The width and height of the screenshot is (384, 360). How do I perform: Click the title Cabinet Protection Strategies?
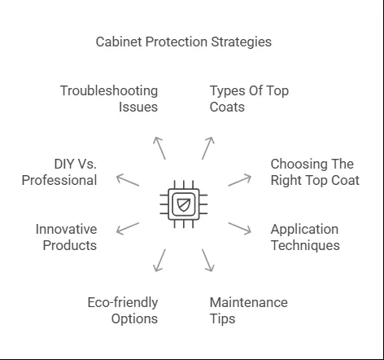pyautogui.click(x=184, y=42)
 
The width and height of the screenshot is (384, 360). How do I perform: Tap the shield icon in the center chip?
pyautogui.click(x=184, y=204)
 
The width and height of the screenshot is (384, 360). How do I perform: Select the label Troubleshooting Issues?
pyautogui.click(x=109, y=99)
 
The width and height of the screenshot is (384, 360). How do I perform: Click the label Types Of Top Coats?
pyautogui.click(x=249, y=99)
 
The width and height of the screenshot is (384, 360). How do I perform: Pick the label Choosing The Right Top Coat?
pyautogui.click(x=315, y=172)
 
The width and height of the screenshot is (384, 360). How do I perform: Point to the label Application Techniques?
pyautogui.click(x=305, y=237)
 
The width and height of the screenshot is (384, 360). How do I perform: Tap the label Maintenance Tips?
pyautogui.click(x=249, y=310)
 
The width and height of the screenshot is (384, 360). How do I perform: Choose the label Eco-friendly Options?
pyautogui.click(x=123, y=310)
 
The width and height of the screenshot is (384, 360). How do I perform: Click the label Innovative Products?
pyautogui.click(x=67, y=237)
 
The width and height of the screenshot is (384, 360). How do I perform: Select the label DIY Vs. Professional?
pyautogui.click(x=59, y=172)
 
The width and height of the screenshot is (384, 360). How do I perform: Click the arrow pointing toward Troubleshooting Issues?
pyautogui.click(x=159, y=148)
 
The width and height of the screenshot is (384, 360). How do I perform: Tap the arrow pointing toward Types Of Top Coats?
pyautogui.click(x=208, y=148)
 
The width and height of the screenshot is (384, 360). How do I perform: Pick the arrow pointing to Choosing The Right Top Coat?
pyautogui.click(x=240, y=180)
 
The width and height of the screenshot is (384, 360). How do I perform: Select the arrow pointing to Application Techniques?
pyautogui.click(x=240, y=229)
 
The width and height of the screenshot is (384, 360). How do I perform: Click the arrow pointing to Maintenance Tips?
pyautogui.click(x=208, y=261)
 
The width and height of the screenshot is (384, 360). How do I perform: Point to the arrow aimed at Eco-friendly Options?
pyautogui.click(x=159, y=261)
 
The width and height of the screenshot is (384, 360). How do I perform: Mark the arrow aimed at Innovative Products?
pyautogui.click(x=128, y=229)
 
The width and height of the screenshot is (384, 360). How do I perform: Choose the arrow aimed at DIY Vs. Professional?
pyautogui.click(x=128, y=180)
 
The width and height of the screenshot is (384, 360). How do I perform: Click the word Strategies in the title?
pyautogui.click(x=242, y=42)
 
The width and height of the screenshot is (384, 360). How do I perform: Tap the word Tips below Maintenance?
pyautogui.click(x=222, y=318)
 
